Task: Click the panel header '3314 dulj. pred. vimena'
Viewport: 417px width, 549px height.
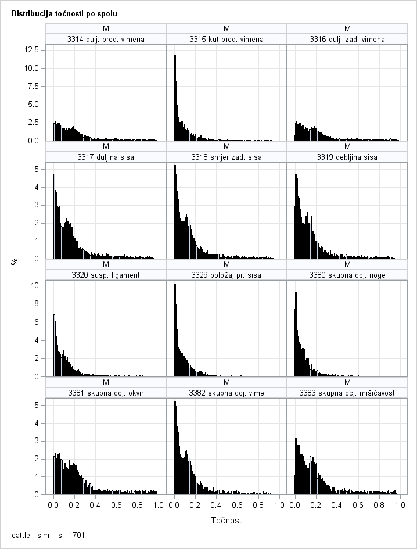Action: [106, 40]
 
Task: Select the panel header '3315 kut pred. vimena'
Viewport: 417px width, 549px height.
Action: [227, 40]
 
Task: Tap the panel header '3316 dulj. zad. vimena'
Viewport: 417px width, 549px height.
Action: [347, 40]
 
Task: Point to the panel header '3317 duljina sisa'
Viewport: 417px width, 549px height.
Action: [106, 157]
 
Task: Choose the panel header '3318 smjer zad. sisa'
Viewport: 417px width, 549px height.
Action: [227, 157]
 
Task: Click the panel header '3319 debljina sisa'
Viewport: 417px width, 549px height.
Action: [347, 157]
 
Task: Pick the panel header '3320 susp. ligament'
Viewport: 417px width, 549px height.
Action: [106, 275]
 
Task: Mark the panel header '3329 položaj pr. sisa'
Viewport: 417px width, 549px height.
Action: [227, 275]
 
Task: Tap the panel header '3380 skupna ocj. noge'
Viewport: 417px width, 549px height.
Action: [347, 275]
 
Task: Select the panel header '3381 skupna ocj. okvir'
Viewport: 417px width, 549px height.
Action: [106, 393]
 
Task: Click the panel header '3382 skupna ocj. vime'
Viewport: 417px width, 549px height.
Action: [227, 393]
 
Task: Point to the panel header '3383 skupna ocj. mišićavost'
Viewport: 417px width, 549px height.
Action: [347, 393]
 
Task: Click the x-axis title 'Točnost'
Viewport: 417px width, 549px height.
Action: [226, 521]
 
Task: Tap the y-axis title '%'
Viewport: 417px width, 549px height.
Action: [15, 262]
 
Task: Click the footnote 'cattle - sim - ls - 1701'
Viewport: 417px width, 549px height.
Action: [48, 535]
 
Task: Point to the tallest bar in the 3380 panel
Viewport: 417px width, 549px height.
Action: [296, 334]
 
